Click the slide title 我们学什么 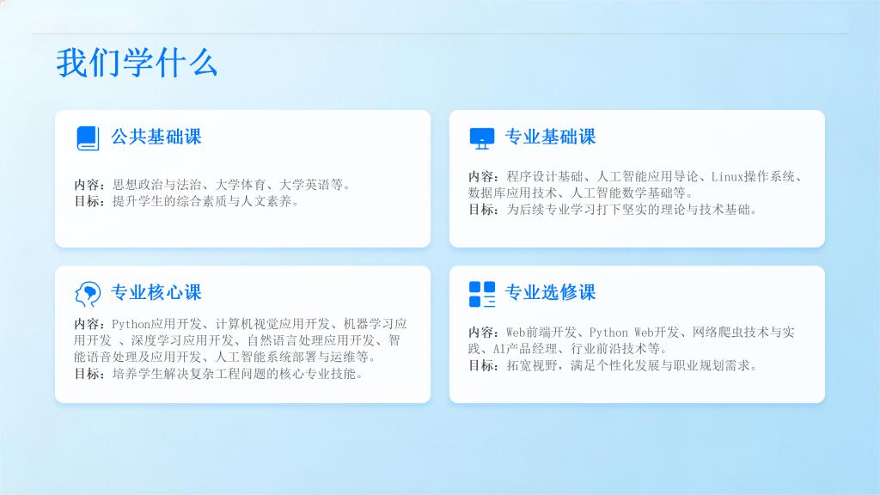click(137, 62)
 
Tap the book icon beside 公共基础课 click(88, 138)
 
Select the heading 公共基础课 click(156, 137)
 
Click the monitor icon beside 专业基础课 click(482, 138)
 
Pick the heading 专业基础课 click(550, 137)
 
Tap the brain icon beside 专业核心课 click(89, 294)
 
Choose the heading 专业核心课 click(156, 292)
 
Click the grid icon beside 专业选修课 click(482, 294)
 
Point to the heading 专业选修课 click(550, 292)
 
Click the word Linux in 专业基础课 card click(728, 177)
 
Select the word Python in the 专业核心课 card click(131, 324)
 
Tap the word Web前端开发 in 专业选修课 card click(541, 333)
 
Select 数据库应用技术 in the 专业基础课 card click(513, 193)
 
